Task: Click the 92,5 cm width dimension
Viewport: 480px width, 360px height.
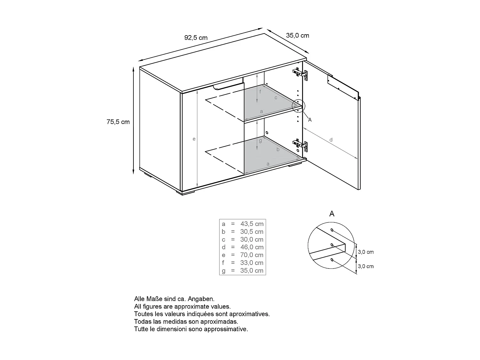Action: [x=196, y=38]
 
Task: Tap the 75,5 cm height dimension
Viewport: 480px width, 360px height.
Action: [x=118, y=122]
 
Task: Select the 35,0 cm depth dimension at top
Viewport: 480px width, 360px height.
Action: [x=298, y=36]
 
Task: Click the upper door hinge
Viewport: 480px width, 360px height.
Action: [x=301, y=74]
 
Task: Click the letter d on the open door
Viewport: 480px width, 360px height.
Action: [x=331, y=140]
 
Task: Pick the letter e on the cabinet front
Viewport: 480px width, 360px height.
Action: [x=194, y=139]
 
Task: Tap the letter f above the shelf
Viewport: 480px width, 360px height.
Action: [x=260, y=92]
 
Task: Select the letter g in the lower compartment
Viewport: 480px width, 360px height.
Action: [x=260, y=140]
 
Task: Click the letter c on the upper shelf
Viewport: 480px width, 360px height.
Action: [x=276, y=98]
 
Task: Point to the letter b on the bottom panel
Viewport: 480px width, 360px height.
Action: [x=278, y=149]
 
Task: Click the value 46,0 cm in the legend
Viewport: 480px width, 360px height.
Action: [x=252, y=247]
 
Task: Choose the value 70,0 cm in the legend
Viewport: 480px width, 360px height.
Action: [x=252, y=255]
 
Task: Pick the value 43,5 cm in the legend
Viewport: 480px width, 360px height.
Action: [x=252, y=224]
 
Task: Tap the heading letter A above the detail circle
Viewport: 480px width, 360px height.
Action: [x=332, y=214]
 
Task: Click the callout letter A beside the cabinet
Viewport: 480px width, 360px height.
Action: [x=310, y=120]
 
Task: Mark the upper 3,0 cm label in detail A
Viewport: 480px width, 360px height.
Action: [x=366, y=252]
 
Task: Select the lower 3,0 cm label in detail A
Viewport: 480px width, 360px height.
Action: [x=366, y=266]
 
